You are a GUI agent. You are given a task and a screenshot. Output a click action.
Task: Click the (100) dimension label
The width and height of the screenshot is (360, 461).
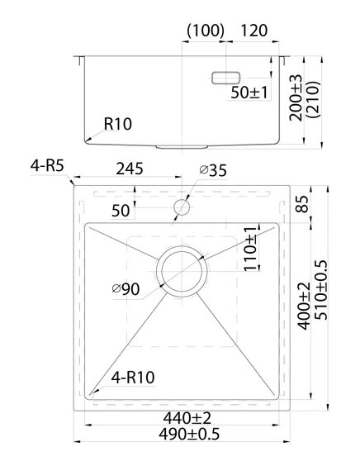[x=206, y=31]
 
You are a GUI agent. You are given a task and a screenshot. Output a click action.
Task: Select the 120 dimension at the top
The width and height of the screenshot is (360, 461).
[x=254, y=31]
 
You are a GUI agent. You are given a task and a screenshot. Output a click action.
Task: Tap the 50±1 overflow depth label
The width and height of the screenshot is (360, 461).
[x=249, y=93]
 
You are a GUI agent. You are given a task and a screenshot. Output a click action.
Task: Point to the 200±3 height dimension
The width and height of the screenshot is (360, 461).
[x=296, y=97]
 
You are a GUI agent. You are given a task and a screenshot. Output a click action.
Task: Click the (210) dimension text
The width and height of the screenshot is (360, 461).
[x=313, y=99]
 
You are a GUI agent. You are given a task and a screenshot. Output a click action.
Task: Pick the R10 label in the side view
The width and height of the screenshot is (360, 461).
[x=118, y=124]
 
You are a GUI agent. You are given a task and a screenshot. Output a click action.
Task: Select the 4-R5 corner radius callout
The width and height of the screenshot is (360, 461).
[x=47, y=165]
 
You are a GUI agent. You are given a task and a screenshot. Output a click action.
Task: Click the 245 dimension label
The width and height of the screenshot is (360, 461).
[x=130, y=169]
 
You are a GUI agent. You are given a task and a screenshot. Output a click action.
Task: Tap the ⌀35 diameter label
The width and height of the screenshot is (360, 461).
[x=213, y=170]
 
